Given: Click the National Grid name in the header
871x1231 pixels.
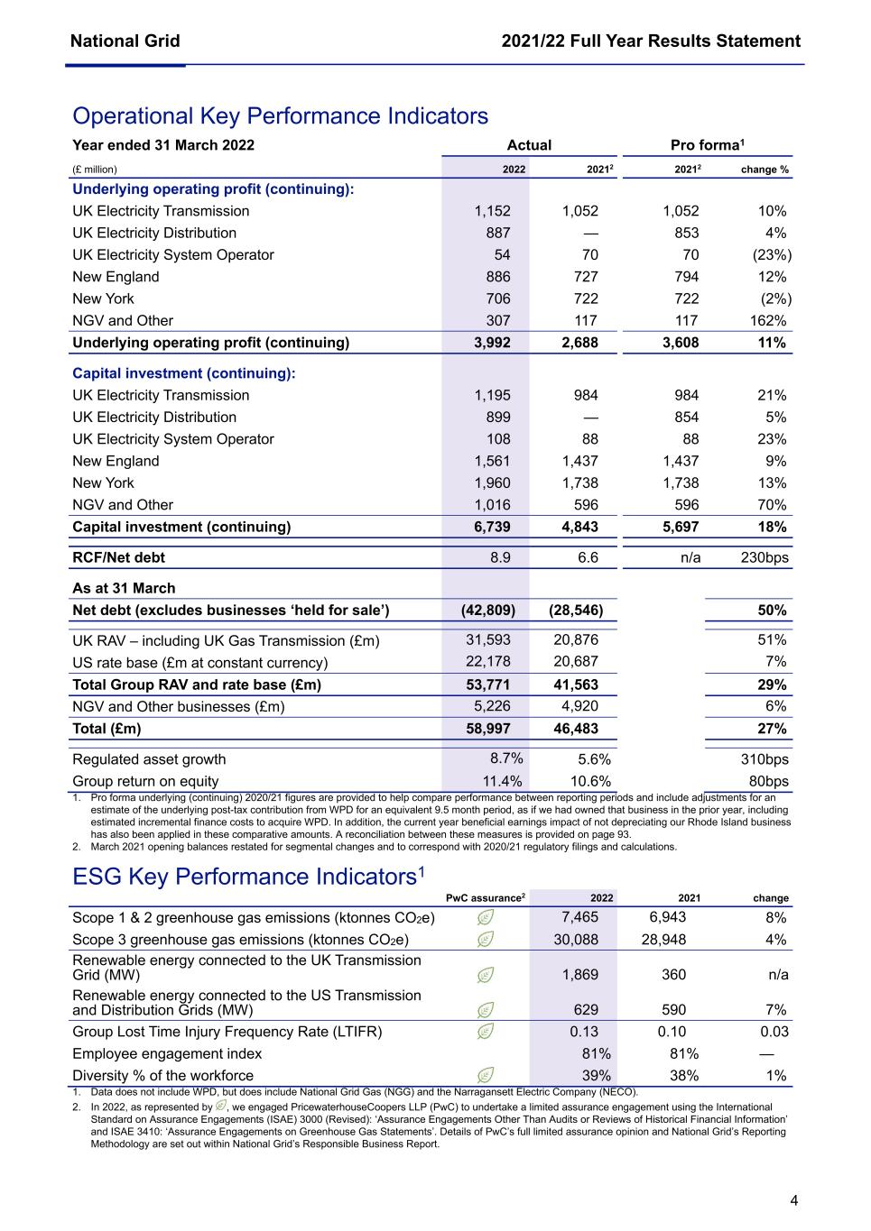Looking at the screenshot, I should [x=125, y=41].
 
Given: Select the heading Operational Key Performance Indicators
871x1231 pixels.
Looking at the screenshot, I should [x=280, y=116].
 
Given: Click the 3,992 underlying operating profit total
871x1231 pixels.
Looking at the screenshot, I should [x=492, y=343].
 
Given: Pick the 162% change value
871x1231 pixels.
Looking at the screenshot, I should [x=767, y=321].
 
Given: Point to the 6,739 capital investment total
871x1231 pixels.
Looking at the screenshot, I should [x=492, y=528].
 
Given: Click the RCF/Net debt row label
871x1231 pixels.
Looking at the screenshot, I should [x=118, y=558].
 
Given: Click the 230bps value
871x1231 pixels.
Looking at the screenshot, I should [x=764, y=558].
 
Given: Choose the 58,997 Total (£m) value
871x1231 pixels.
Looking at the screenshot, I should [x=487, y=729].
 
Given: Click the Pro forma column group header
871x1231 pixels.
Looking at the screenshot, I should [x=707, y=146].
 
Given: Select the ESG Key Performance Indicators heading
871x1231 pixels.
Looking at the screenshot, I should [x=248, y=877].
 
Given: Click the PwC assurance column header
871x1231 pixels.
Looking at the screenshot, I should [x=486, y=898].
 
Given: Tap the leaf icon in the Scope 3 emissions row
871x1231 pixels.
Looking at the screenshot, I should [x=486, y=940].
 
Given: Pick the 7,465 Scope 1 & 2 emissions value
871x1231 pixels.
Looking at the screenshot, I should [x=579, y=918].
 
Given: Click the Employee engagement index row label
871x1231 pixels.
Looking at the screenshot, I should [x=167, y=1054].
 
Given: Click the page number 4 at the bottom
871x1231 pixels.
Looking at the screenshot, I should [x=793, y=1200].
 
